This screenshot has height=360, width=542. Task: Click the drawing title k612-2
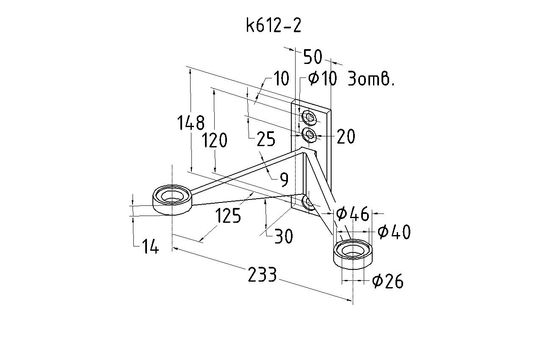click(x=274, y=26)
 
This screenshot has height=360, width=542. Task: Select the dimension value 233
click(x=262, y=275)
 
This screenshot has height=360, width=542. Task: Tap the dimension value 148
click(x=191, y=123)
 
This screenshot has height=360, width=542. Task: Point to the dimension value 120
click(x=215, y=140)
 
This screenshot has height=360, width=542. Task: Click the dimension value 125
click(x=228, y=216)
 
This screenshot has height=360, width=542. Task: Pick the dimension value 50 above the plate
click(x=313, y=57)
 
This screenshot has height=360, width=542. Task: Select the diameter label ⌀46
click(x=352, y=214)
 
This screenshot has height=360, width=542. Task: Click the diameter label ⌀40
click(x=394, y=232)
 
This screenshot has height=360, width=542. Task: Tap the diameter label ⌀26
click(x=387, y=281)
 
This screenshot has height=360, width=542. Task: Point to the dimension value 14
click(x=150, y=246)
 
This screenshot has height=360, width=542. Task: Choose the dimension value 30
click(x=283, y=237)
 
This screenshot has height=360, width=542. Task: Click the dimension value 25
click(x=266, y=139)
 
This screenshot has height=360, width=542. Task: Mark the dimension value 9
click(x=284, y=180)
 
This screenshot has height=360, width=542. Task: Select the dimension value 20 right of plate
click(x=346, y=137)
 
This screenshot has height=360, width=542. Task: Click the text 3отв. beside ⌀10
click(x=371, y=79)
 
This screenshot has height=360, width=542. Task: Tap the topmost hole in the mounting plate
click(x=309, y=117)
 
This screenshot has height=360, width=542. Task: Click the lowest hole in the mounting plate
click(x=308, y=203)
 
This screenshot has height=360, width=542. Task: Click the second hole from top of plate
click(x=310, y=136)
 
